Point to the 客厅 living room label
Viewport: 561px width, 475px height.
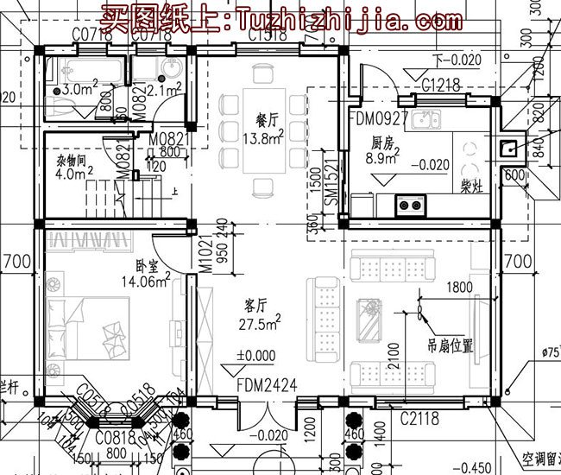[x=255, y=305]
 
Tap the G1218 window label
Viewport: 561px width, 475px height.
[x=441, y=85]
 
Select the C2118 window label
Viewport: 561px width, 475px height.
[x=419, y=419]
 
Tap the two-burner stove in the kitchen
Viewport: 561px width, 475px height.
[x=410, y=205]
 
